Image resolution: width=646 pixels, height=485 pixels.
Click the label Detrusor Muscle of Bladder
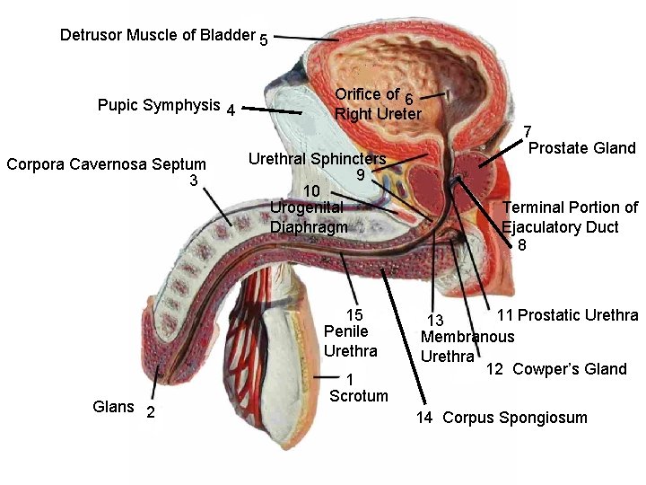pos(157,35)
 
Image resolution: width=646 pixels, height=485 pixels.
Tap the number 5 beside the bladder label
pos(263,40)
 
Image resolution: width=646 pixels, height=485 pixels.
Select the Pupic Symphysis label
pos(158,105)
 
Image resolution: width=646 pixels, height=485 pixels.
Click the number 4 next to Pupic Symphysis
pos(231,111)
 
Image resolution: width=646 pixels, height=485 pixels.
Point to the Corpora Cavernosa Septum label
pos(106,164)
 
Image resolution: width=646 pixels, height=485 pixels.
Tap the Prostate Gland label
pos(581,148)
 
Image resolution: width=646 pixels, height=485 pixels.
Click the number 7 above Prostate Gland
pos(528,131)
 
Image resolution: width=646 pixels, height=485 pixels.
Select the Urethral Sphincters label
pos(317,159)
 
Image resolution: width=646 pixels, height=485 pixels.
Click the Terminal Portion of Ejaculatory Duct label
pos(570,216)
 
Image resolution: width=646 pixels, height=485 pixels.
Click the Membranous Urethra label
pos(467,345)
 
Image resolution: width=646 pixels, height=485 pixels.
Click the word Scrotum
pos(359,396)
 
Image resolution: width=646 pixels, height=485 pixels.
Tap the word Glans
pos(114,407)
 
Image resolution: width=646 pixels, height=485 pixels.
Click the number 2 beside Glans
pos(150,411)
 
